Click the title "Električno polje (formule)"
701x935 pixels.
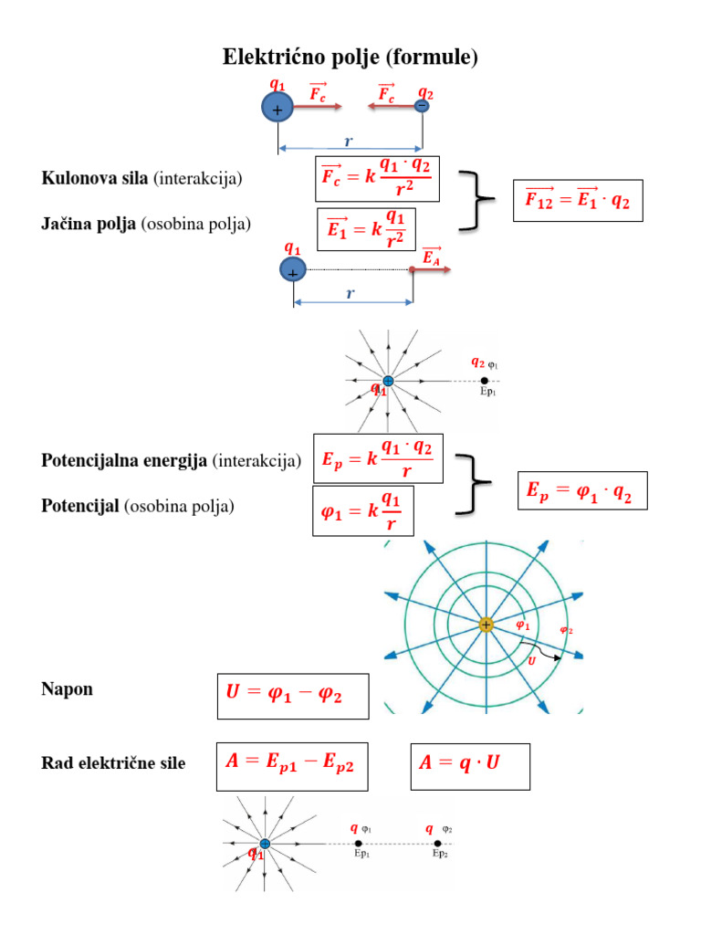coord(350,58)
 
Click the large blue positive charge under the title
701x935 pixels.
coord(277,110)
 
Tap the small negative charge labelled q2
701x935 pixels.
coord(422,107)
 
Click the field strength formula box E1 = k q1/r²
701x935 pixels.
coord(365,229)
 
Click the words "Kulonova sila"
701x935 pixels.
coord(96,179)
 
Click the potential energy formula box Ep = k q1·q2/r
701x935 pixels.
coord(378,458)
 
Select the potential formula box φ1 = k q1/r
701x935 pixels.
coord(362,510)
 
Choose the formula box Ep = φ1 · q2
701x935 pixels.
coord(581,490)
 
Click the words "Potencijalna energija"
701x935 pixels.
coord(124,461)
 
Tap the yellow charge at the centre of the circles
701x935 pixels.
coord(486,625)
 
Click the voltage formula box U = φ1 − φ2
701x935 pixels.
coord(293,696)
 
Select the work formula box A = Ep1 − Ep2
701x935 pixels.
coord(292,765)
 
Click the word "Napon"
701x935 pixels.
coord(67,689)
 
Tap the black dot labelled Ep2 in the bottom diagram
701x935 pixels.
coord(438,844)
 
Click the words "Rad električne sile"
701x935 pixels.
coord(113,762)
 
